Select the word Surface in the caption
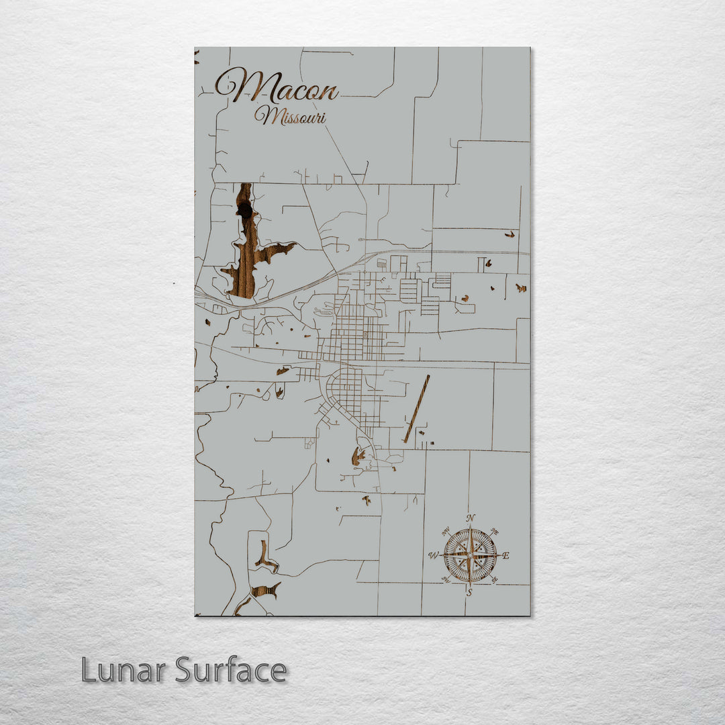[231, 669]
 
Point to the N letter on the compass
[471, 518]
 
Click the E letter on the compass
[505, 555]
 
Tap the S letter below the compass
[469, 592]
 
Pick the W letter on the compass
[433, 555]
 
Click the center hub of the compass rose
[470, 555]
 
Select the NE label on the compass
[495, 531]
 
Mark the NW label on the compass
[445, 531]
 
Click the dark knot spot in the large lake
[245, 211]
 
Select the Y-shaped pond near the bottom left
[265, 558]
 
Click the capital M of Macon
[235, 86]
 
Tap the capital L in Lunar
[88, 669]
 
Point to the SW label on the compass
[445, 580]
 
